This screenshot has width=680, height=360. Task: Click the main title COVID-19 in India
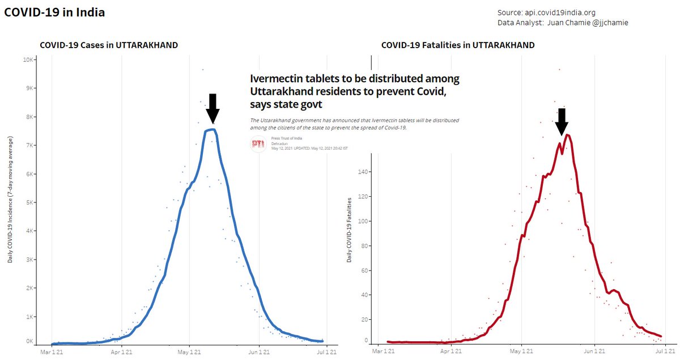click(54, 12)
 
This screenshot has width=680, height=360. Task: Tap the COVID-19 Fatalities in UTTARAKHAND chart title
click(458, 45)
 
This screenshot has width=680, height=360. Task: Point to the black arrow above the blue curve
click(212, 108)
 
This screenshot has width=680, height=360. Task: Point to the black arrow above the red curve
click(561, 121)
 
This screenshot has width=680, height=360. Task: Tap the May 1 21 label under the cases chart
click(190, 352)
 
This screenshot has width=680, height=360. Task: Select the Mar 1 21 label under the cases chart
click(52, 352)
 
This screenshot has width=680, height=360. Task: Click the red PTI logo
click(258, 144)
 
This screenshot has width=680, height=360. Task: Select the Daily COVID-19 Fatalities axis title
click(350, 230)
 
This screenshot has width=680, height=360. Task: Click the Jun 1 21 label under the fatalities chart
click(594, 352)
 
